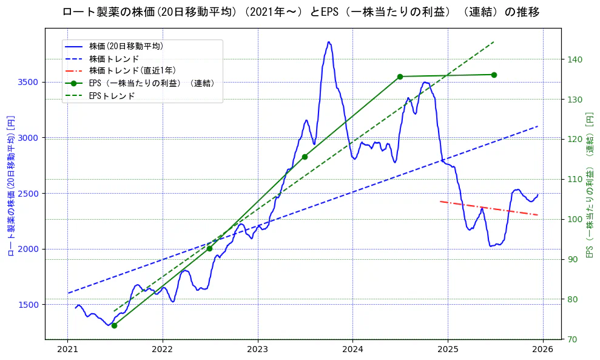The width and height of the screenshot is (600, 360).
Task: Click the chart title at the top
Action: pyautogui.click(x=300, y=12)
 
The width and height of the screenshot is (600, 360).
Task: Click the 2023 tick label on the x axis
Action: pyautogui.click(x=257, y=349)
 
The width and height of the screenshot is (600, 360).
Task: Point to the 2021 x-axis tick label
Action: pyautogui.click(x=67, y=349)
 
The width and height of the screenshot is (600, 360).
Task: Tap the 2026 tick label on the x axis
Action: pyautogui.click(x=543, y=349)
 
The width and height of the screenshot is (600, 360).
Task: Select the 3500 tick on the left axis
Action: pyautogui.click(x=28, y=82)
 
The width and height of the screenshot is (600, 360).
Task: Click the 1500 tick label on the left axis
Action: pyautogui.click(x=28, y=305)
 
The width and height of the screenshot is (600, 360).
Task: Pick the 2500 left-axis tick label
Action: pyautogui.click(x=28, y=194)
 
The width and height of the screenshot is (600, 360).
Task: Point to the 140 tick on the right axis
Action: pyautogui.click(x=575, y=59)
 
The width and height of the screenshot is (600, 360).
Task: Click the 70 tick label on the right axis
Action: pyautogui.click(x=572, y=339)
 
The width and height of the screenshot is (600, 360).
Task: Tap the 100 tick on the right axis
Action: pyautogui.click(x=575, y=219)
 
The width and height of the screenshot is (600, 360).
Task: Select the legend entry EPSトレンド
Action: pyautogui.click(x=112, y=96)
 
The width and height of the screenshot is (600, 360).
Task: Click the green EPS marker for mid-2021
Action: pyautogui.click(x=114, y=325)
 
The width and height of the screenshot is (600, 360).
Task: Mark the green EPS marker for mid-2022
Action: pyautogui.click(x=209, y=248)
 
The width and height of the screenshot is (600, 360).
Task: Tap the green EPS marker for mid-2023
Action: pyautogui.click(x=305, y=157)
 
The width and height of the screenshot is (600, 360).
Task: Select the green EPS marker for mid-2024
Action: pyautogui.click(x=400, y=76)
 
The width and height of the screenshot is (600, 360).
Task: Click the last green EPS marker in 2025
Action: pyautogui.click(x=494, y=75)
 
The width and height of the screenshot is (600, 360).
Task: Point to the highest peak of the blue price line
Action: pyautogui.click(x=329, y=42)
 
